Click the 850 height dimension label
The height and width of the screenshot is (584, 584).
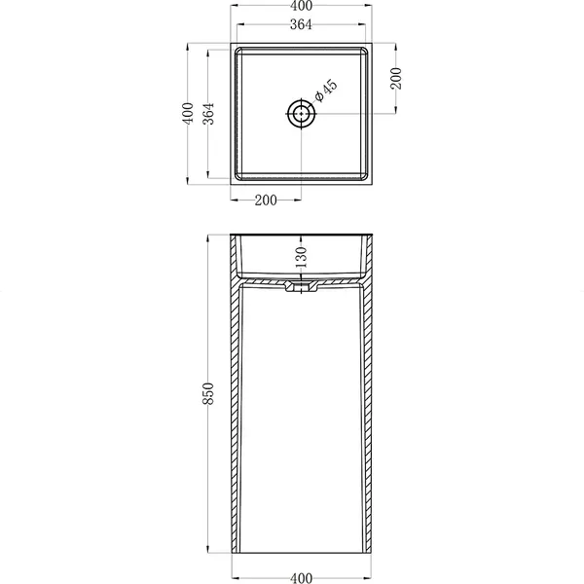(208, 393)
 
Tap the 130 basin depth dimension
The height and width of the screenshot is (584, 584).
(301, 257)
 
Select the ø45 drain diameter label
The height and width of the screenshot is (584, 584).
(325, 91)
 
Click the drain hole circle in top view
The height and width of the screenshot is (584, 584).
(301, 113)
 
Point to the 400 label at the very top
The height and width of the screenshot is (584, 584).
(301, 6)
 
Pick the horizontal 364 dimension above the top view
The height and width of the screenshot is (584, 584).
(301, 24)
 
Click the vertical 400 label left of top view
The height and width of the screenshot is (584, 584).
(188, 113)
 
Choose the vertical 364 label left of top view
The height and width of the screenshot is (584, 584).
(208, 114)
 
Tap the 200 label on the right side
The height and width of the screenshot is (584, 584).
(396, 78)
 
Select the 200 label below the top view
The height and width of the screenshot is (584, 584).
(266, 201)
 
